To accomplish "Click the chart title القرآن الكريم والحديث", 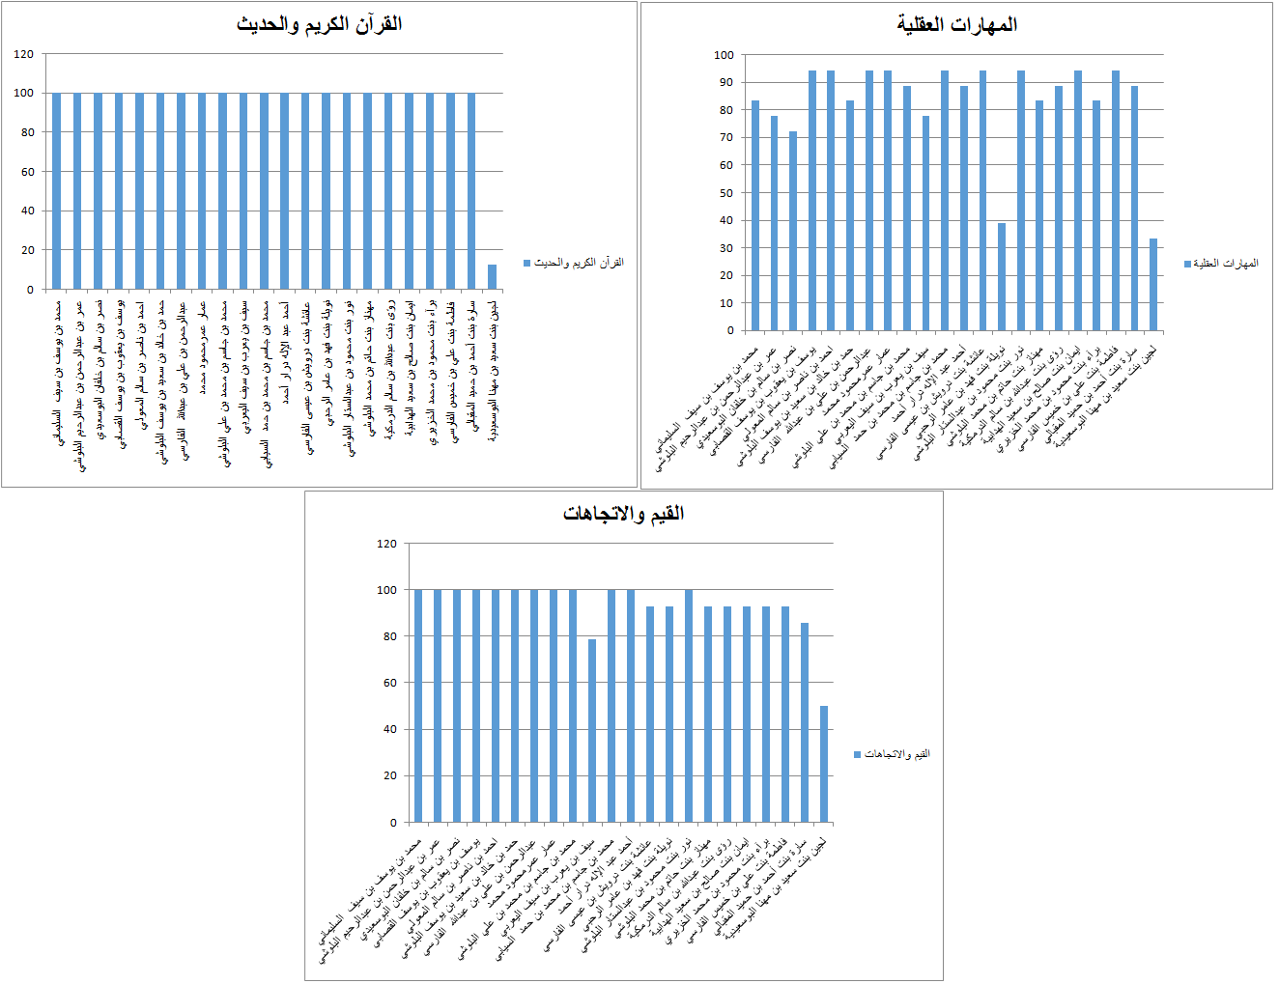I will point(319,24).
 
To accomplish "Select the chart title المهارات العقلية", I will point(956,24).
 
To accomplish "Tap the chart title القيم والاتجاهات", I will point(623,513).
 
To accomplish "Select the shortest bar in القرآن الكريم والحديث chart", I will point(493,277).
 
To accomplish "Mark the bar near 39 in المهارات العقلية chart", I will point(1002,277).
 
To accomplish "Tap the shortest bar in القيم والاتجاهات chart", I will point(824,764).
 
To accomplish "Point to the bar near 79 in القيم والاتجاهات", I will point(592,731).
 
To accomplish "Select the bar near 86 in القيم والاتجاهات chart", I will point(805,722).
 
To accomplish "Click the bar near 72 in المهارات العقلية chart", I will point(793,232).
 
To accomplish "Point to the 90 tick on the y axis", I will point(725,83).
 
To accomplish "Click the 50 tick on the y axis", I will point(725,193).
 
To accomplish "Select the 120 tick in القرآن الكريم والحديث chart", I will point(24,54).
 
